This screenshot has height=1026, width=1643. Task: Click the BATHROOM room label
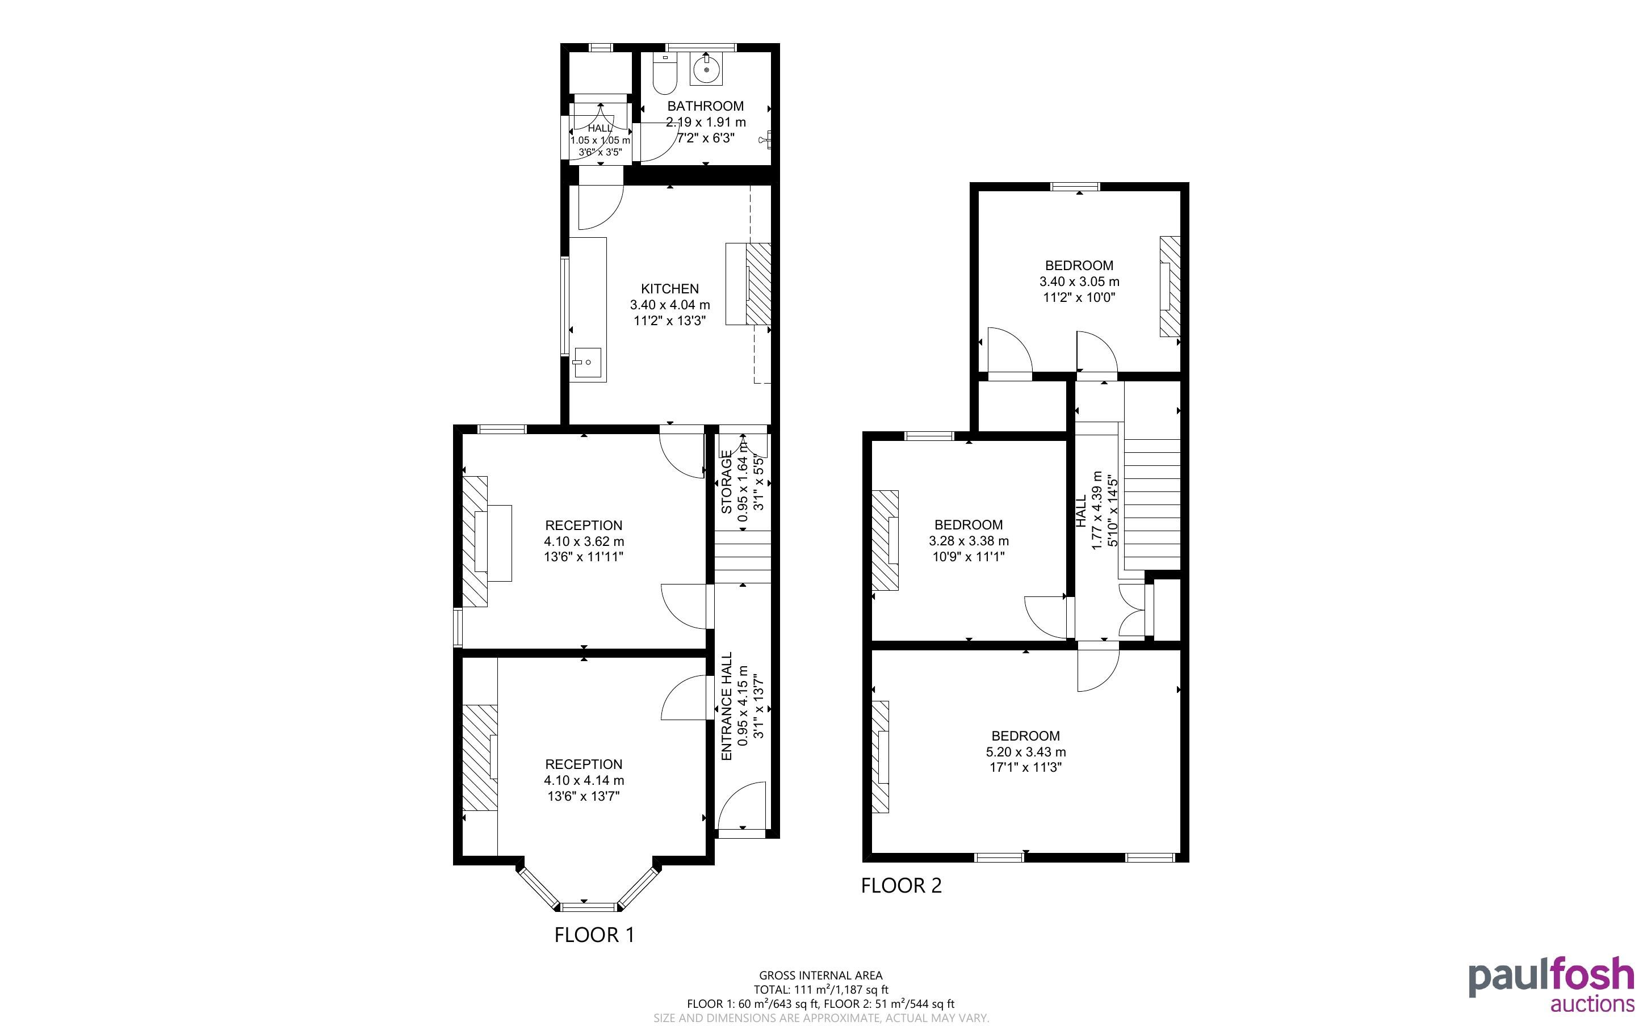coord(705,106)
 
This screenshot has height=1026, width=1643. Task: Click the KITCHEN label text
coord(670,288)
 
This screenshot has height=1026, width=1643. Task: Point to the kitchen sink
coord(586,363)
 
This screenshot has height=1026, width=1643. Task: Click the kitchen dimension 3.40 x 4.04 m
coord(670,305)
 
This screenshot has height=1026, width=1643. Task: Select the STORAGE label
coord(726,482)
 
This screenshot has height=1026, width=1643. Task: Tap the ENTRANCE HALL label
coord(726,707)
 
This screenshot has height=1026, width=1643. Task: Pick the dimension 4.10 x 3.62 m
coord(584,541)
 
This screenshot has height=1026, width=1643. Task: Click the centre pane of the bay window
coord(588,907)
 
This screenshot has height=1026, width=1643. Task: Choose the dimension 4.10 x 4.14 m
coord(584,780)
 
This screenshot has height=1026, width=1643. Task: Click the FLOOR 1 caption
coord(594,935)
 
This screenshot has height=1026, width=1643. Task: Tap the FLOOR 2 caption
coord(901,885)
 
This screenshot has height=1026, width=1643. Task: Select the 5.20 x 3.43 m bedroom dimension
coord(1025,752)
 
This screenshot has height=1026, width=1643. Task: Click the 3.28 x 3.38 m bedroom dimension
coord(969,541)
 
